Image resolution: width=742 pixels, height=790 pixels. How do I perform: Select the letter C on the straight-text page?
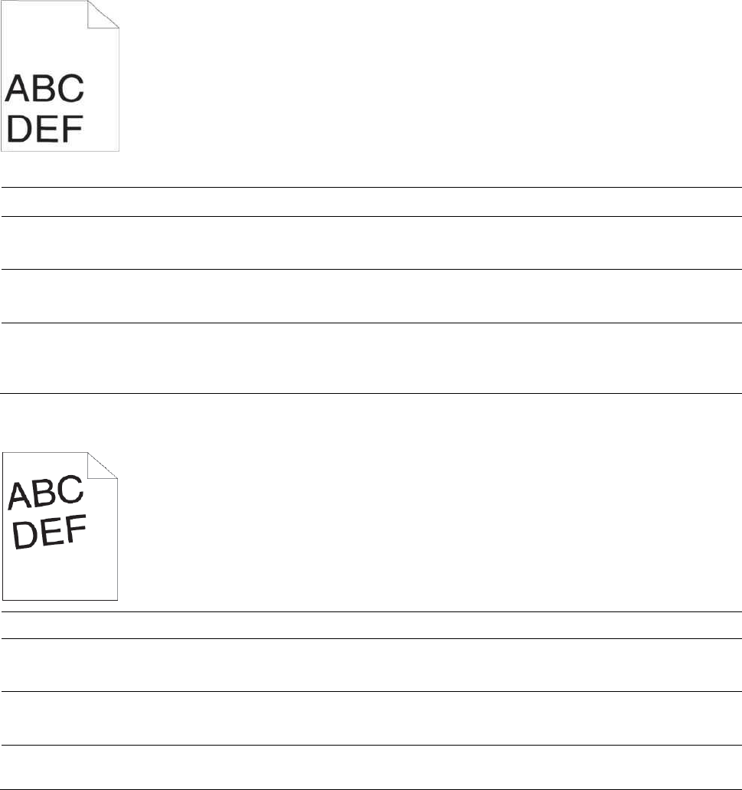pos(70,90)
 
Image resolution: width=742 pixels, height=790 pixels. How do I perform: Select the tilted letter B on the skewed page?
pos(45,492)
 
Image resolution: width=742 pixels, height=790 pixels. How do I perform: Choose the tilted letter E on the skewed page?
pos(51,530)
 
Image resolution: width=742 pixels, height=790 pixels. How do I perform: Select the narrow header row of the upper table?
pos(371,202)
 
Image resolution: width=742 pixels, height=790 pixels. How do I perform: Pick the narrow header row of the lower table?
pos(371,625)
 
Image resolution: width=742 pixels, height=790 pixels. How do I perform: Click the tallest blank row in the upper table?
pos(371,358)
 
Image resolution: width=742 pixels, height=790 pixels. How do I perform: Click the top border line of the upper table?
pos(371,187)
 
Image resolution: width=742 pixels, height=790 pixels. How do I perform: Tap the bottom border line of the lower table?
pos(371,788)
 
